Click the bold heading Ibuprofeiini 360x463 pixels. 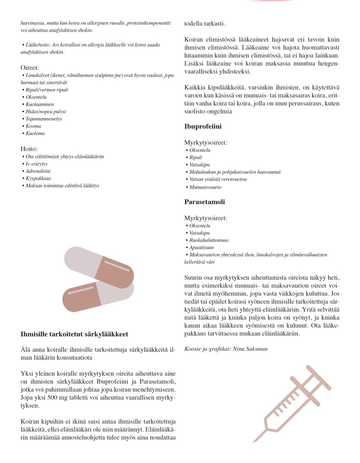203,127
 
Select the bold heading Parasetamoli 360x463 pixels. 204,202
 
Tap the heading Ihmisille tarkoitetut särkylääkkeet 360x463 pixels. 75,334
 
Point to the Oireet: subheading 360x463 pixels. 30,67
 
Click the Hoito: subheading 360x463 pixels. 29,148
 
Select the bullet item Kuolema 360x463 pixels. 36,134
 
